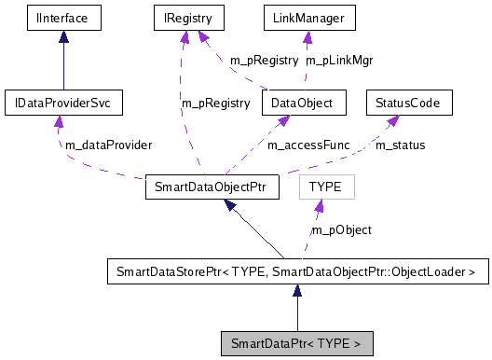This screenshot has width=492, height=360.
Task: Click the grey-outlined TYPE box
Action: [x=325, y=187]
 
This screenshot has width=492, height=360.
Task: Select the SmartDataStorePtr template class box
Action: [x=296, y=273]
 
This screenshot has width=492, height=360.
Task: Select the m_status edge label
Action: [x=400, y=145]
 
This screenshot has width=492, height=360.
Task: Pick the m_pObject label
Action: [x=342, y=229]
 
